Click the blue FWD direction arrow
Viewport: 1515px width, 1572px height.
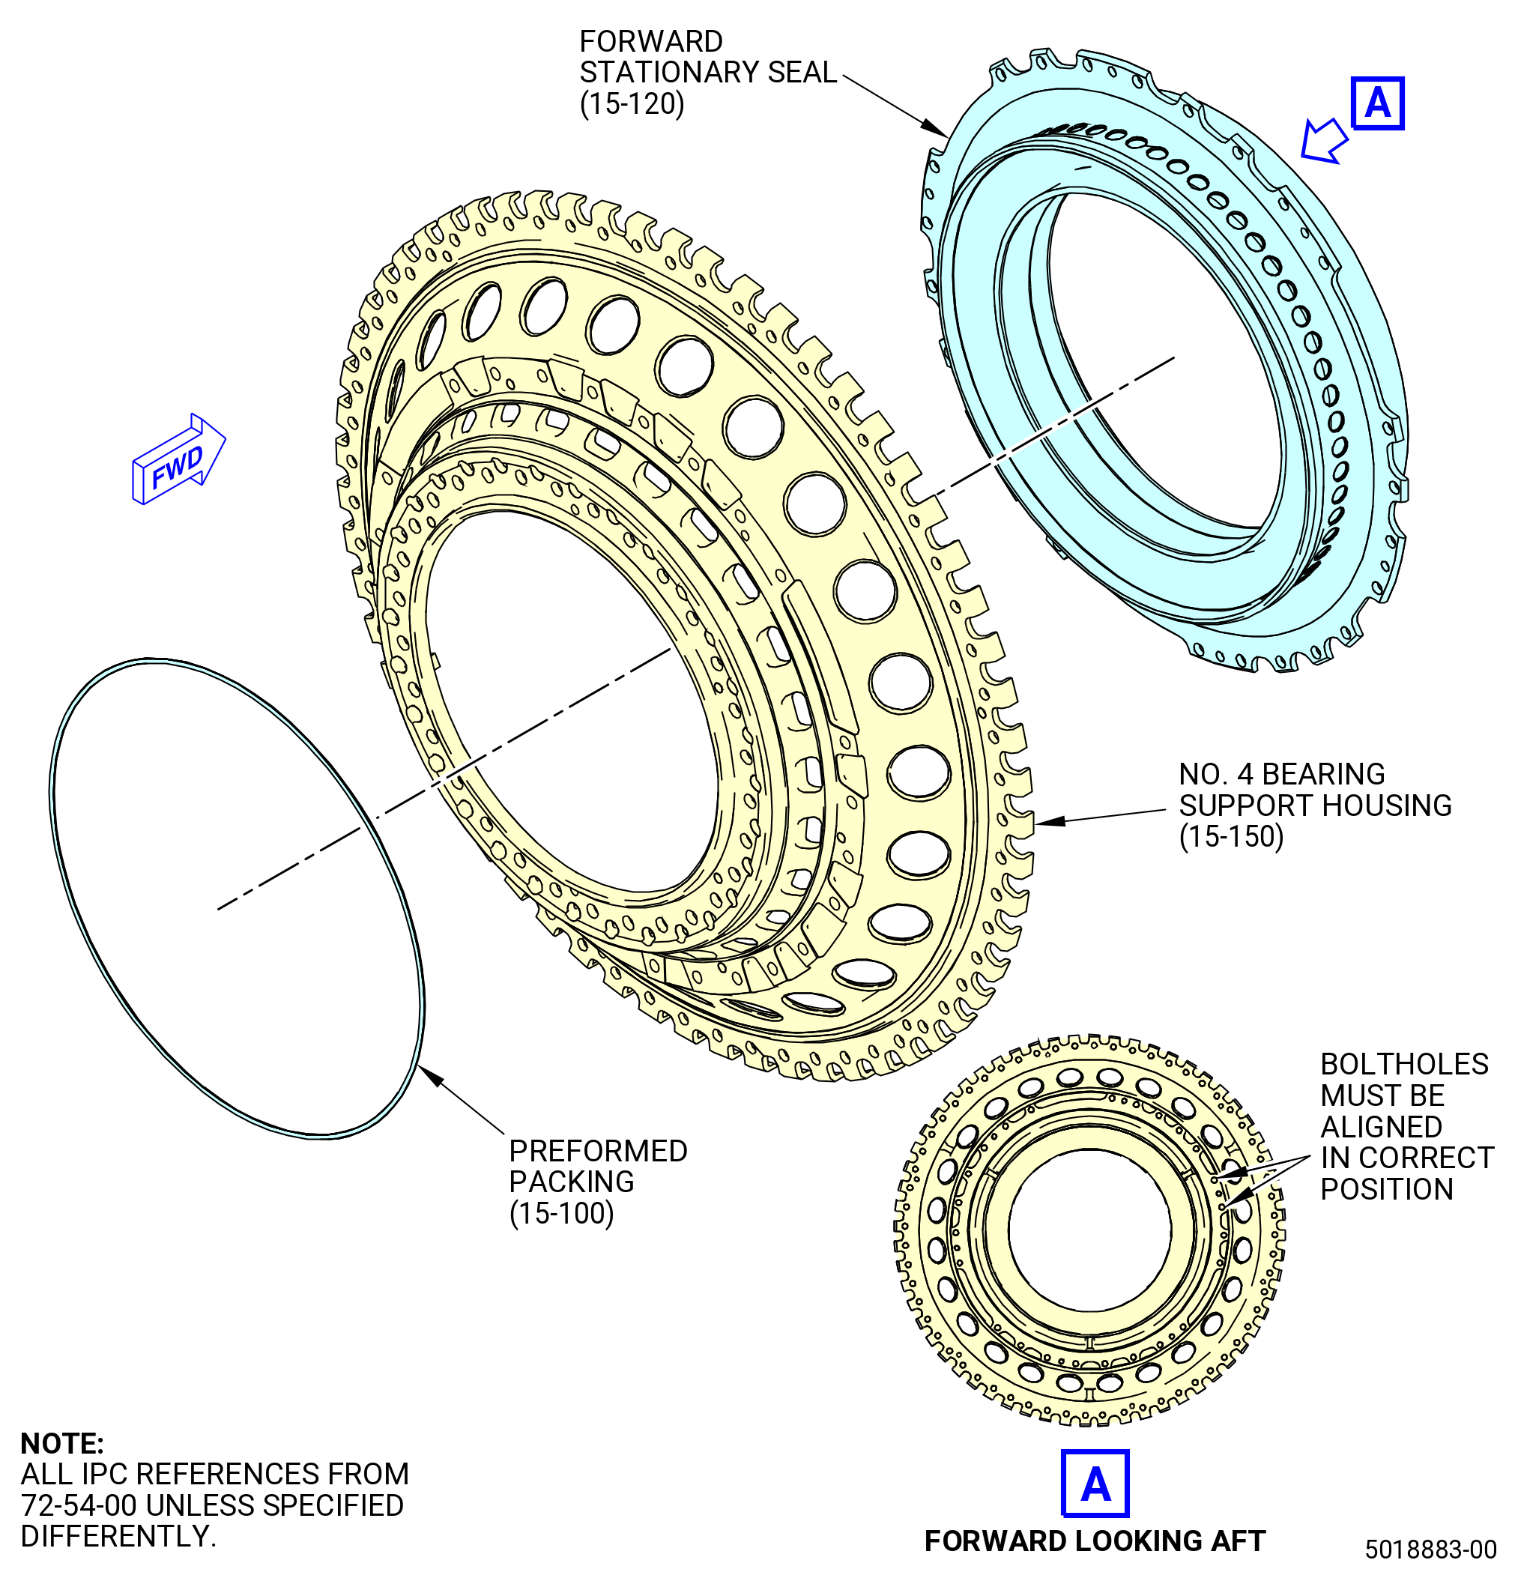[178, 459]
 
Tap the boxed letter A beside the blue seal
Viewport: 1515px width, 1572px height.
[1377, 103]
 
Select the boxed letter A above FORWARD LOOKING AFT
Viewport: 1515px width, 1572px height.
[1095, 1483]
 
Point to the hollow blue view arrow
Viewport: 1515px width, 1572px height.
[1323, 140]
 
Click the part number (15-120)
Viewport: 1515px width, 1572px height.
[632, 104]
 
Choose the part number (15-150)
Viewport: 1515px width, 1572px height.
[1231, 836]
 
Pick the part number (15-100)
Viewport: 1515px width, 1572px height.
[561, 1214]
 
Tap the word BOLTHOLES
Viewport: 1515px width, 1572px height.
[1404, 1064]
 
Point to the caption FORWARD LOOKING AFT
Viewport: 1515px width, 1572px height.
[1095, 1541]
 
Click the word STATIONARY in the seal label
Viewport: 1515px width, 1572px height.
[669, 72]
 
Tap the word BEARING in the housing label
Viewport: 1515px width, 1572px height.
[1323, 774]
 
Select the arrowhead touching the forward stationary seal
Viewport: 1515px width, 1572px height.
[934, 127]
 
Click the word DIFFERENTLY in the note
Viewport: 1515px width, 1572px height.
[118, 1537]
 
